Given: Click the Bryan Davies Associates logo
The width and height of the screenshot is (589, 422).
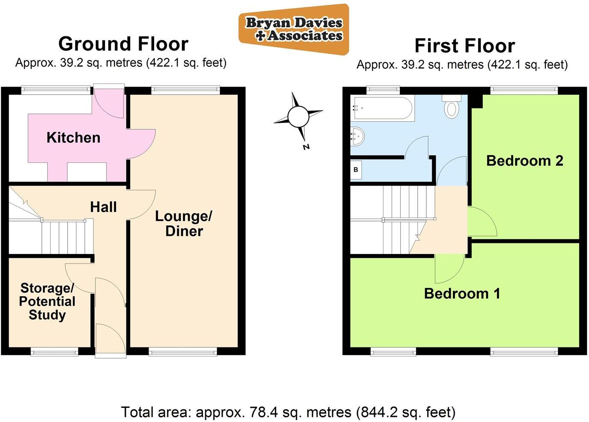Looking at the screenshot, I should pos(294,29).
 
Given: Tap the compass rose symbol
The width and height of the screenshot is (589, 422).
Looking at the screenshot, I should pos(298,116).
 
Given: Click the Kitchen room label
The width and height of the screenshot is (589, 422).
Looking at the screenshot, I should pos(73,138).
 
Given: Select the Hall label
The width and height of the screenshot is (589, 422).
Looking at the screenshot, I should pos(103,207).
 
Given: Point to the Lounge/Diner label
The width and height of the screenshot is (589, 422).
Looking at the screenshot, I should pos(184,223).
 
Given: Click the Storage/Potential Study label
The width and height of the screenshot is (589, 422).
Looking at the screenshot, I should pos(47,301).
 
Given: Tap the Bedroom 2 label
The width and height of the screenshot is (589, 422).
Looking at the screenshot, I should pos(524,161).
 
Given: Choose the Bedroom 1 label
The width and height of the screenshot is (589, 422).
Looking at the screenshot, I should pos(462,293).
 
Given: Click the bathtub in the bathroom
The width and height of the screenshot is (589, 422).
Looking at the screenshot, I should pos(382,108).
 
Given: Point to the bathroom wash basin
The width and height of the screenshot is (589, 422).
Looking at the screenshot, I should pos(357,136).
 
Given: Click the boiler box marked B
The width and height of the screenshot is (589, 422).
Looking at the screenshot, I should pos(356,170).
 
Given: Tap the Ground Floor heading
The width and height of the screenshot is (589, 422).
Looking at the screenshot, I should pos(123,44).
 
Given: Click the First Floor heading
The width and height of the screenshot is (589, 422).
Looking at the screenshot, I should pos(464,46).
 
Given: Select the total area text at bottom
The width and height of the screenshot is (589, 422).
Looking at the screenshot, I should pos(288,412).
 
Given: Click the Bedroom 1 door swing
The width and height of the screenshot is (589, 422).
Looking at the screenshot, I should pos(449,269).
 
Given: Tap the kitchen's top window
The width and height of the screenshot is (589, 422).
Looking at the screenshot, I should pos(56,90).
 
